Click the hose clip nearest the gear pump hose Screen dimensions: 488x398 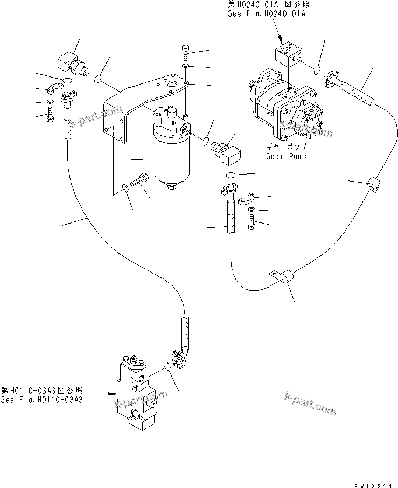pos(373,184)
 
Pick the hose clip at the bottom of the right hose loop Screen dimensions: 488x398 pos(281,277)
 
